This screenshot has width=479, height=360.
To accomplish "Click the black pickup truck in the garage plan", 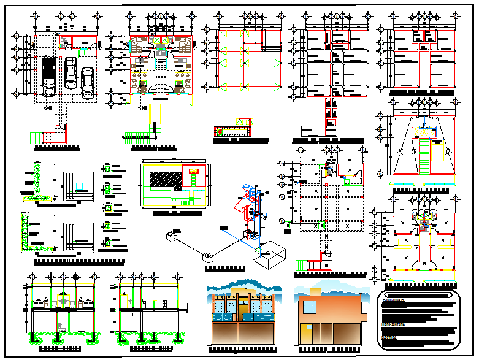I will (49, 77).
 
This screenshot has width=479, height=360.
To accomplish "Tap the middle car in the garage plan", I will (70, 72).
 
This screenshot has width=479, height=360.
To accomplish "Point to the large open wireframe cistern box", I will (270, 252).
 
